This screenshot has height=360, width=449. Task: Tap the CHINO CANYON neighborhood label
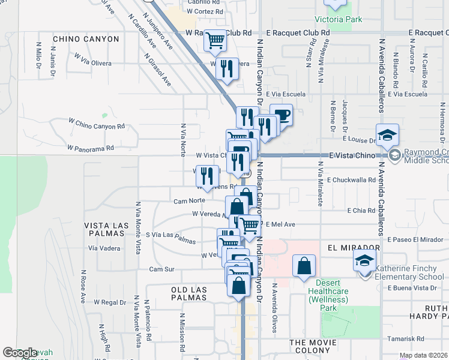[x=86, y=39]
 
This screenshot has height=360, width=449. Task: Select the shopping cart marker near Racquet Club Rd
[x=215, y=41]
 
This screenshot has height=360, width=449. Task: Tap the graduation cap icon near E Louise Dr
[x=387, y=134]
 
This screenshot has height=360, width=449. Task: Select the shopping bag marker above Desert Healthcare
[x=304, y=265]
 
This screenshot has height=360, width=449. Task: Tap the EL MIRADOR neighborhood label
[x=354, y=247]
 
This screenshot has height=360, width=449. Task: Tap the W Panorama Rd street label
[x=90, y=148]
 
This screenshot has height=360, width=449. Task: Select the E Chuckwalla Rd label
[x=351, y=179]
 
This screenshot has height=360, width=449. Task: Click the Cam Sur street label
[x=161, y=269]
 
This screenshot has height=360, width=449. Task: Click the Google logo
[x=20, y=353]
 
